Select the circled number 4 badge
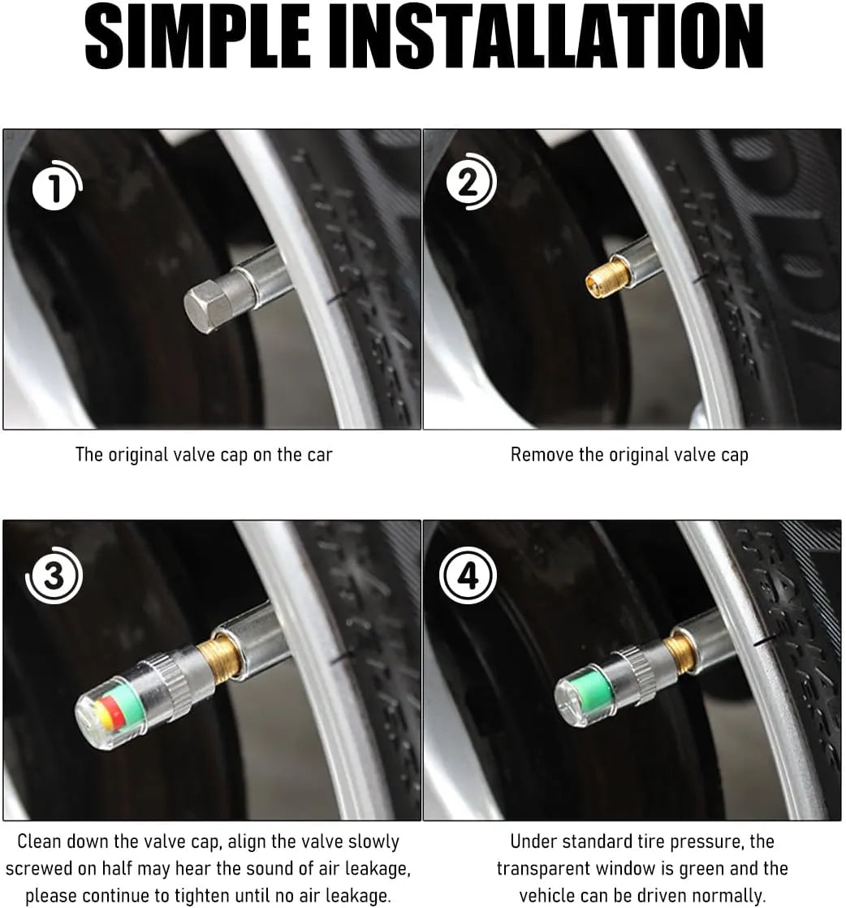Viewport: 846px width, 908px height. [x=467, y=576]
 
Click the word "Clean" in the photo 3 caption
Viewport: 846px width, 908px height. [x=41, y=841]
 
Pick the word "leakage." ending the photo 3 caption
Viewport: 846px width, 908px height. [x=355, y=896]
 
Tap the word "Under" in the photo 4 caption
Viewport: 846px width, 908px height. [x=536, y=841]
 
